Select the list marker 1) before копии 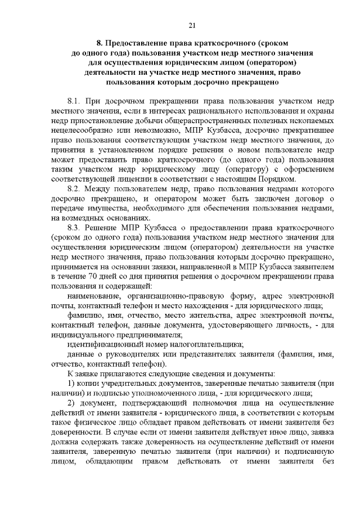(x=71, y=383)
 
